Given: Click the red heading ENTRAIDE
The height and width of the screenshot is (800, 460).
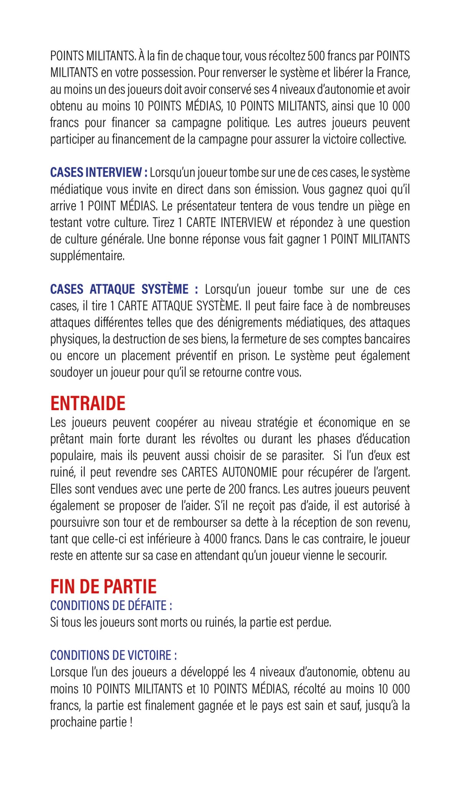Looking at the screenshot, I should click(88, 404).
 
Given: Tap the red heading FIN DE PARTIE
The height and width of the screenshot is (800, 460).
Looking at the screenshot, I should click(103, 587).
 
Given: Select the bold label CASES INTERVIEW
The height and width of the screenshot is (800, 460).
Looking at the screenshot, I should click(99, 172).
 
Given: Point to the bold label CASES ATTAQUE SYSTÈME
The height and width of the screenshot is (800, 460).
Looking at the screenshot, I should click(124, 289).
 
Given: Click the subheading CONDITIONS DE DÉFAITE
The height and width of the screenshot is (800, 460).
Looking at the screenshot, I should click(111, 606).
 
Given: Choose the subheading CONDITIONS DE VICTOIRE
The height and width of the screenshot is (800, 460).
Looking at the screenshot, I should click(113, 655).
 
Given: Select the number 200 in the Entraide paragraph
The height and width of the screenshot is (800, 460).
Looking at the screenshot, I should click(238, 489).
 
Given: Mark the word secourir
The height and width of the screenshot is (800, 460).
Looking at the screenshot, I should click(367, 555).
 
